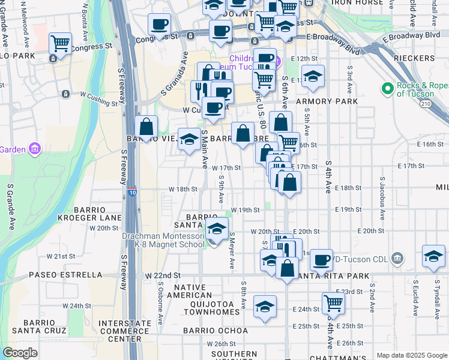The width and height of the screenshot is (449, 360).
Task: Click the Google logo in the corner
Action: coord(20,353)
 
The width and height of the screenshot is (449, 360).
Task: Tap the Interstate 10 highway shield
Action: coord(132,192)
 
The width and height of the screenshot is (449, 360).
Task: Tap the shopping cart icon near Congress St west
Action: coord(60,43)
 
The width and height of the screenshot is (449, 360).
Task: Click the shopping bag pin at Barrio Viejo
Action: coord(146,127)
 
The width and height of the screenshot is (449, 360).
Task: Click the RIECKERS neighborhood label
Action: coord(414,58)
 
